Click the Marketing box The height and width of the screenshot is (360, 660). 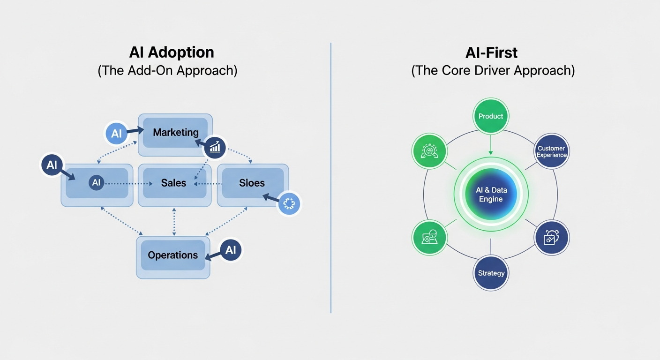point(175,133)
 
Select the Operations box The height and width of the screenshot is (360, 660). point(173,255)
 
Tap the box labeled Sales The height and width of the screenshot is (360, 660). point(174,183)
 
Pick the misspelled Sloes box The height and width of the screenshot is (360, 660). point(252,183)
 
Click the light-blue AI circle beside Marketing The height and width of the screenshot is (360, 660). point(116,134)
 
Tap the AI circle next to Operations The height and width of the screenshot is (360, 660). point(230,250)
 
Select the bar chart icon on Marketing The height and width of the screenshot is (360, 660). point(215,148)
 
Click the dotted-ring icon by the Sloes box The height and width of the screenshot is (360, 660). point(288,204)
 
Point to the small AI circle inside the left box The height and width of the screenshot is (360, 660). point(96,183)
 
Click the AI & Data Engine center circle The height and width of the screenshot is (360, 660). point(491,195)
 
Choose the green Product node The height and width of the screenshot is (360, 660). point(491,116)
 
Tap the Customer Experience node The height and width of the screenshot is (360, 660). point(552,151)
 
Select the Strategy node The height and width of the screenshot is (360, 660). point(491,273)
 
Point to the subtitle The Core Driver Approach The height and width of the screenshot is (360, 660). point(493,71)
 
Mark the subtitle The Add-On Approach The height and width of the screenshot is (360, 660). point(167,71)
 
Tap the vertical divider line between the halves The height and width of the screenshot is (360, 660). point(331,178)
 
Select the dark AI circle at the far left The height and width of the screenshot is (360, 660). point(52,165)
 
